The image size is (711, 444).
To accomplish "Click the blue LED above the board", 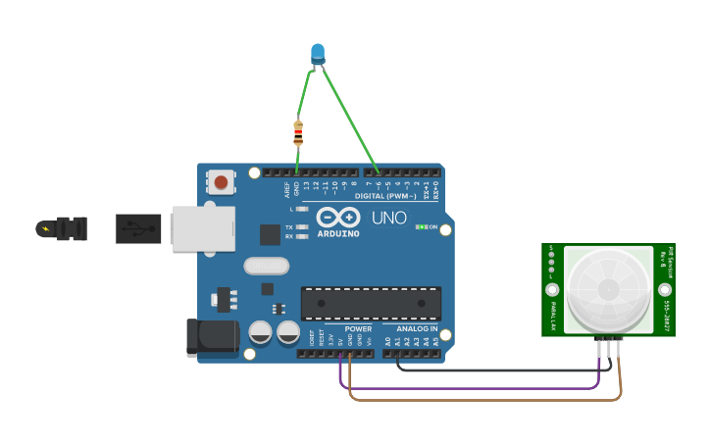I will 317,53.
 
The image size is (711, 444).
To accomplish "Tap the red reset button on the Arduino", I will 222,181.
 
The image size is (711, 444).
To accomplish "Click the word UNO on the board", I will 388,218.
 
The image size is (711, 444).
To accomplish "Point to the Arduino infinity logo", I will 337,218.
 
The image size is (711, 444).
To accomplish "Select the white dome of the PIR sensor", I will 608,289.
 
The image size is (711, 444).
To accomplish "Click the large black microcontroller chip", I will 371,303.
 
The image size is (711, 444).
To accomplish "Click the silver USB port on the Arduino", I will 203,228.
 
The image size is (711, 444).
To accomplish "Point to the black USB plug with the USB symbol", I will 138,229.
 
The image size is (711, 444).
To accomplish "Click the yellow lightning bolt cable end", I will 45,229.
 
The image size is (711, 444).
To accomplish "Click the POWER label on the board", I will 358,329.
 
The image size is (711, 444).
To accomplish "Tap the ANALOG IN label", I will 417,329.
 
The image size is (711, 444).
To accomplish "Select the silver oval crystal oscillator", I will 266,266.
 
